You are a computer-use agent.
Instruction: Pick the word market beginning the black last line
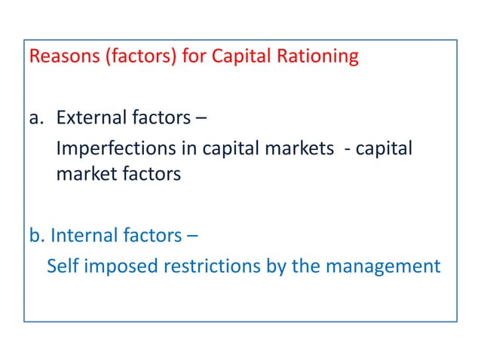tap(84, 175)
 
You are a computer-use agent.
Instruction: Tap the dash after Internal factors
tap(193, 236)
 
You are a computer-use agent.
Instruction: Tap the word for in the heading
tap(195, 57)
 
